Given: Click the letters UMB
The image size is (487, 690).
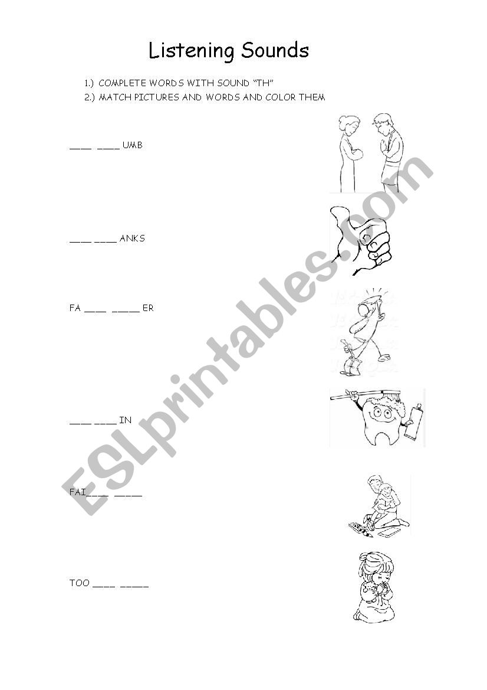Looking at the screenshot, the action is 132,145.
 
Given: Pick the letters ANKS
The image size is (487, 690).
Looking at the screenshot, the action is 132,238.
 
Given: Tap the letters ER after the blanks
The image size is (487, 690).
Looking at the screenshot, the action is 148,308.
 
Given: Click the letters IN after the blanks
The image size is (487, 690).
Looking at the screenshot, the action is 125,420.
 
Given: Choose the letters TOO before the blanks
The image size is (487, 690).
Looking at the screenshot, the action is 80,583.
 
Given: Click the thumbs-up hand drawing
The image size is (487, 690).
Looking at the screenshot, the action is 360,240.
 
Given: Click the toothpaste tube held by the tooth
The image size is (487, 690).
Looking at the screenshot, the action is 413,421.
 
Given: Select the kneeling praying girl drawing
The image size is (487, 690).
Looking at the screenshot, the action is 374,587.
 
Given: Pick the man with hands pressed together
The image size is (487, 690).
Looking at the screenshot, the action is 388,153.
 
